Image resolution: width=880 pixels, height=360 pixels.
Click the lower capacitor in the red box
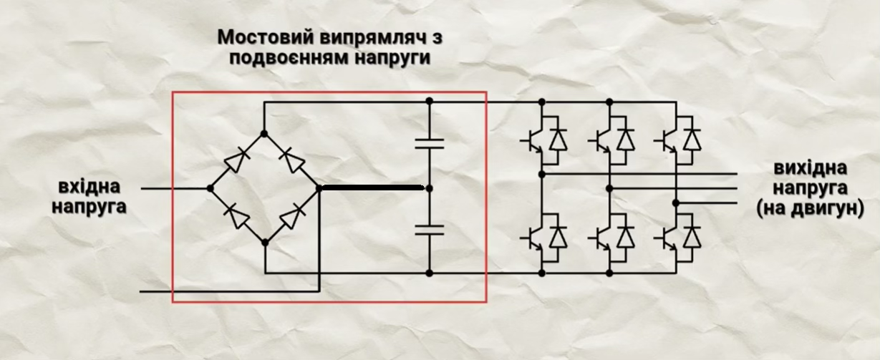429,230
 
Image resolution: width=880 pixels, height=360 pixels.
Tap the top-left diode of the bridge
236,161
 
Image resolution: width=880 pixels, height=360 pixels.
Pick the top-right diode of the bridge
293,161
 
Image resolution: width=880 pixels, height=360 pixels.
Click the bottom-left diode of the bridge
236,215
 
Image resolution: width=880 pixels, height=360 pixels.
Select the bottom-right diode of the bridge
293,215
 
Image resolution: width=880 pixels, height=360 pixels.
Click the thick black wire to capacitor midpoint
372,188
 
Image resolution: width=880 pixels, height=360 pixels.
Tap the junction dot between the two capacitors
429,188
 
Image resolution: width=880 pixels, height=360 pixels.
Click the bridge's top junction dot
264,133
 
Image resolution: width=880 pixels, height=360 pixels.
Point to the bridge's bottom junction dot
264,243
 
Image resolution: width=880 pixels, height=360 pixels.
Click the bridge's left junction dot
210,188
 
